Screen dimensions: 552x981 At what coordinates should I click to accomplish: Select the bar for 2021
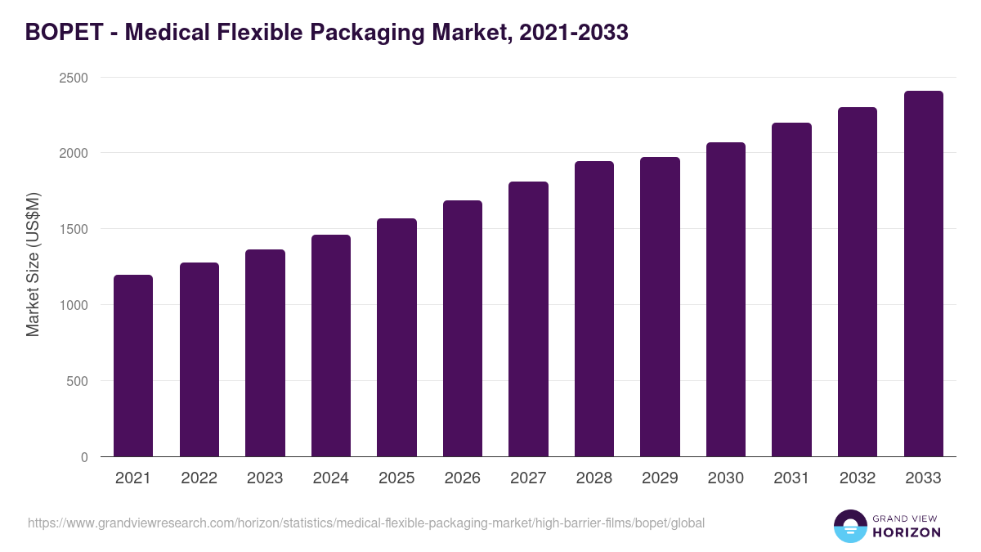point(133,366)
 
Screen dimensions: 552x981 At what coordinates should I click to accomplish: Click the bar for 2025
point(396,337)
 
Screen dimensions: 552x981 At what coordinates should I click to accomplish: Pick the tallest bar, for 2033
point(923,273)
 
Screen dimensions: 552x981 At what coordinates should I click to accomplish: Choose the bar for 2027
point(528,319)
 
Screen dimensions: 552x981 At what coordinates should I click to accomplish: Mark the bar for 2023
point(265,352)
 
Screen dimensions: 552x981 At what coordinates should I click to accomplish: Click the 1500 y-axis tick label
point(72,229)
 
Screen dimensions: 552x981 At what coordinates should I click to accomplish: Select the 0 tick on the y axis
point(83,457)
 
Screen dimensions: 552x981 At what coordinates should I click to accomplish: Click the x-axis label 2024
point(330,478)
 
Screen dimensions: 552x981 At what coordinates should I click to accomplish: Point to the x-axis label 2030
point(725,478)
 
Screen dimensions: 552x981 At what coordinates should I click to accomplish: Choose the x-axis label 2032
point(857,478)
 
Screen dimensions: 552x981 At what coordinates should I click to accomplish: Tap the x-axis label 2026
point(462,478)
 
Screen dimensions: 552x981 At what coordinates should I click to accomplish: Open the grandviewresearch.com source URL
point(365,523)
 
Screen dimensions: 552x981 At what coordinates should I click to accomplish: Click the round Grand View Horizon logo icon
point(850,526)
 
